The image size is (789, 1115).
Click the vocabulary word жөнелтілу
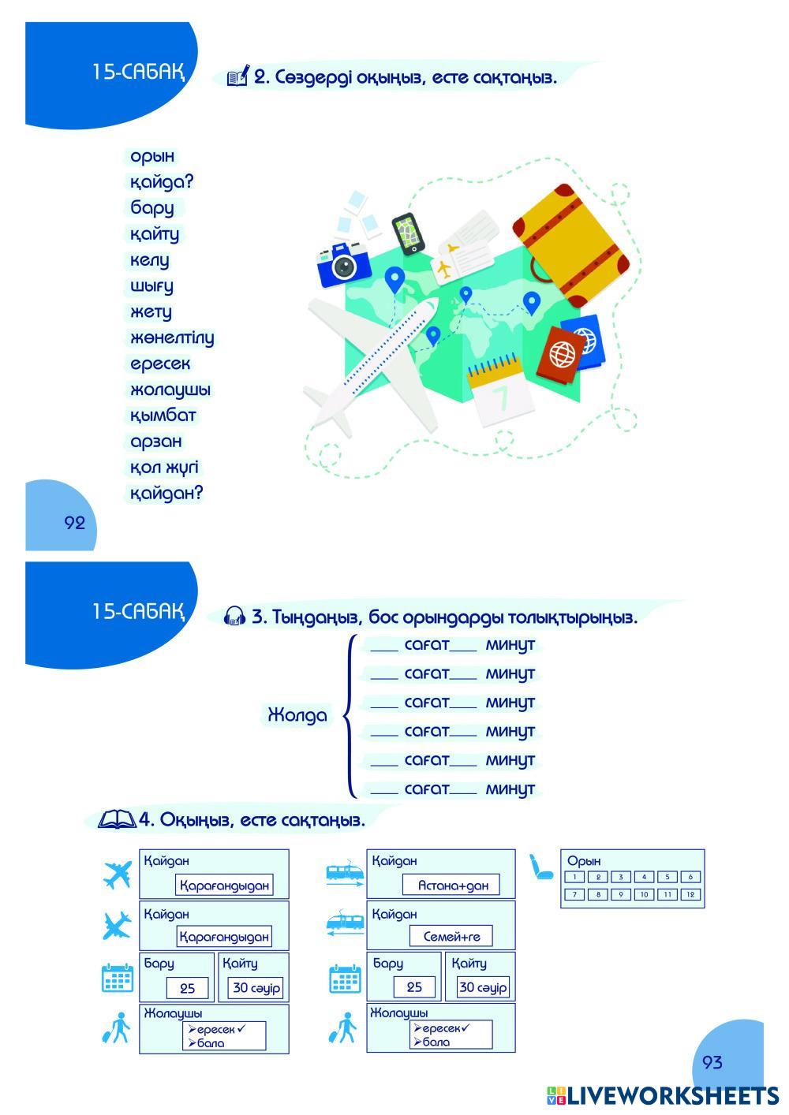(x=172, y=338)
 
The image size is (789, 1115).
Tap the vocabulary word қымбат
(x=163, y=416)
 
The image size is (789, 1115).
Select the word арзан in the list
(x=156, y=442)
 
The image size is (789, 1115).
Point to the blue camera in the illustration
(x=344, y=264)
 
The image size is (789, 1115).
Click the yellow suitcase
(x=570, y=245)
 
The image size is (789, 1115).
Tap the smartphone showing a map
(x=408, y=233)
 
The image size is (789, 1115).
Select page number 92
(x=75, y=523)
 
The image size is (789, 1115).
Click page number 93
(x=712, y=1063)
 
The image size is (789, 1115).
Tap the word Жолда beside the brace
(x=297, y=715)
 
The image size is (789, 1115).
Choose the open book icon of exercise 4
(x=117, y=819)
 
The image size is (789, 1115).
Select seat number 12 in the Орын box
(x=690, y=894)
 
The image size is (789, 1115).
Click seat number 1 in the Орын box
(x=574, y=877)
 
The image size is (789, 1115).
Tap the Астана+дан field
(x=451, y=885)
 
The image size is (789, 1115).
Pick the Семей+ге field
(x=451, y=936)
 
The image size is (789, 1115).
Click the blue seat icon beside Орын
(x=540, y=867)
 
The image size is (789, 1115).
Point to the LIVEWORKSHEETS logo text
(x=673, y=1096)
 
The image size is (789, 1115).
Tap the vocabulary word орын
(x=152, y=157)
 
